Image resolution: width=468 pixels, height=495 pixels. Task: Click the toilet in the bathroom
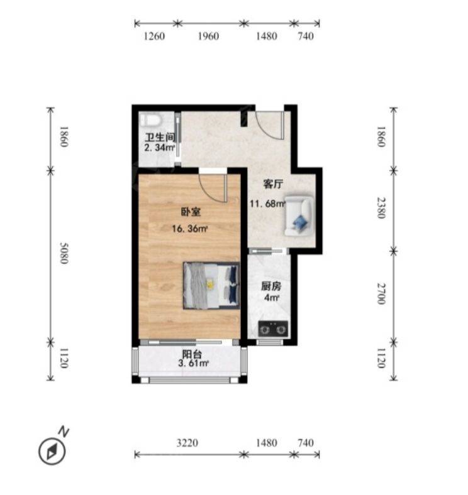151,119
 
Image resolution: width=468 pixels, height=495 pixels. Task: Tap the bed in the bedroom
211,285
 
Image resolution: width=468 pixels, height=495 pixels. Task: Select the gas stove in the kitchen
273,329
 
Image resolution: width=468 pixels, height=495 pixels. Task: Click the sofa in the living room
299,216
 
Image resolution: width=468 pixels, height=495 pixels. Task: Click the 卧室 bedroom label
191,212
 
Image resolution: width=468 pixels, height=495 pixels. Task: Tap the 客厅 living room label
273,183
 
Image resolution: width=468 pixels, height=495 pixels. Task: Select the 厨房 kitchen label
271,286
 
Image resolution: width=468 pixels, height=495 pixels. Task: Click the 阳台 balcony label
192,354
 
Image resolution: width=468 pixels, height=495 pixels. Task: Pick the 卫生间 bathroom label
160,138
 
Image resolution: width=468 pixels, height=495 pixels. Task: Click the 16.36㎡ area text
190,229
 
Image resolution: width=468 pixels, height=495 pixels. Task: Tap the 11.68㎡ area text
267,204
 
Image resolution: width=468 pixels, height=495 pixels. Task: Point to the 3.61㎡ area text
193,363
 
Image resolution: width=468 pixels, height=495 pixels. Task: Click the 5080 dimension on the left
64,253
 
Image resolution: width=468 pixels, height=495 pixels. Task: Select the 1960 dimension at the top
208,36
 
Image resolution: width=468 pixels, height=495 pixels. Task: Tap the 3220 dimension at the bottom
187,443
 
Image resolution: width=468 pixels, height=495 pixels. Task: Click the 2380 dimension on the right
382,208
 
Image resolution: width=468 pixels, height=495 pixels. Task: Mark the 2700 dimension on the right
382,293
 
